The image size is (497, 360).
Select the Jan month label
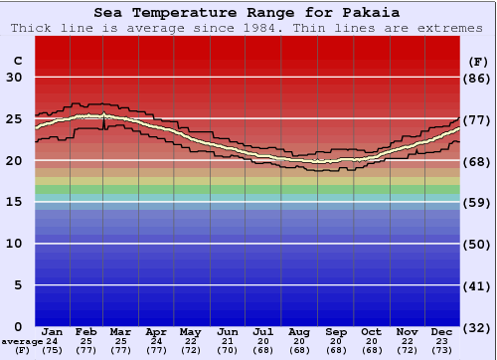(x=53, y=331)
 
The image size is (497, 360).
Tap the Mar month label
(x=121, y=331)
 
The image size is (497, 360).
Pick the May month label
(x=191, y=331)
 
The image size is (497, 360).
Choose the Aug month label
(x=298, y=331)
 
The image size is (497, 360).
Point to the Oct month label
(x=371, y=331)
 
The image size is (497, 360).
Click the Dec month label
(x=442, y=331)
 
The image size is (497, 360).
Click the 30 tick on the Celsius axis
(x=14, y=78)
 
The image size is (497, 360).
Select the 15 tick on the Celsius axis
(x=14, y=202)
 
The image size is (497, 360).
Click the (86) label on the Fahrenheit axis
(x=478, y=78)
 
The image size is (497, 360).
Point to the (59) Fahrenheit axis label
(x=478, y=202)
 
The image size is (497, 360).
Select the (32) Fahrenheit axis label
(x=478, y=327)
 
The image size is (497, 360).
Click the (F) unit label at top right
(x=478, y=61)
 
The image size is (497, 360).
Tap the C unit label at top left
(x=17, y=61)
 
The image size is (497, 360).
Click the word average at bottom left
(x=21, y=341)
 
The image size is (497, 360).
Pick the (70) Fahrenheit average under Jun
(x=228, y=351)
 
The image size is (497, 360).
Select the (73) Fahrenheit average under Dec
(x=442, y=351)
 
